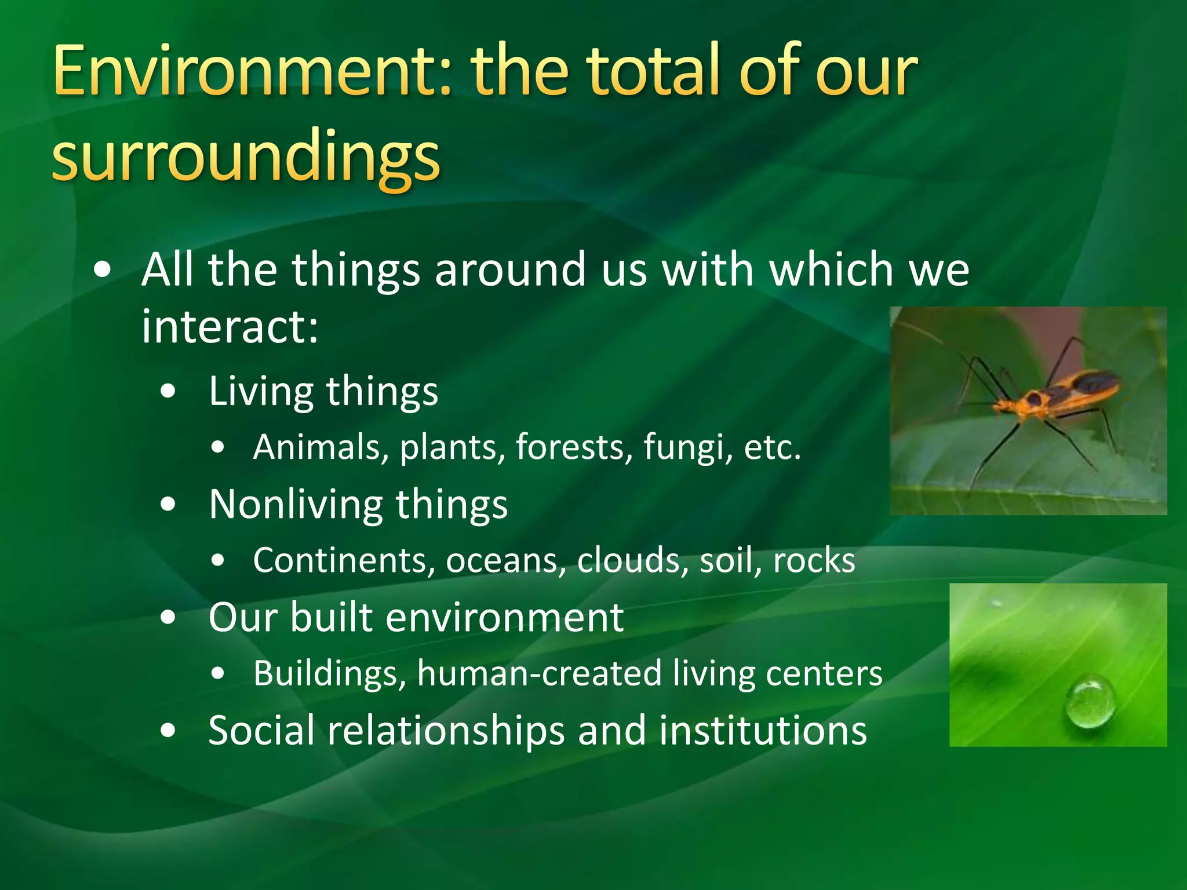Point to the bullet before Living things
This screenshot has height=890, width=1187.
click(x=168, y=392)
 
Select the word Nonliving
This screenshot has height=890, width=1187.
click(x=294, y=504)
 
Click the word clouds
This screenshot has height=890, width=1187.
click(x=632, y=560)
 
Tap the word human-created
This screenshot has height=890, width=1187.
click(x=539, y=673)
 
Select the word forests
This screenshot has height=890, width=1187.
click(x=569, y=447)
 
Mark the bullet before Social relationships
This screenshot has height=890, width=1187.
click(x=168, y=731)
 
